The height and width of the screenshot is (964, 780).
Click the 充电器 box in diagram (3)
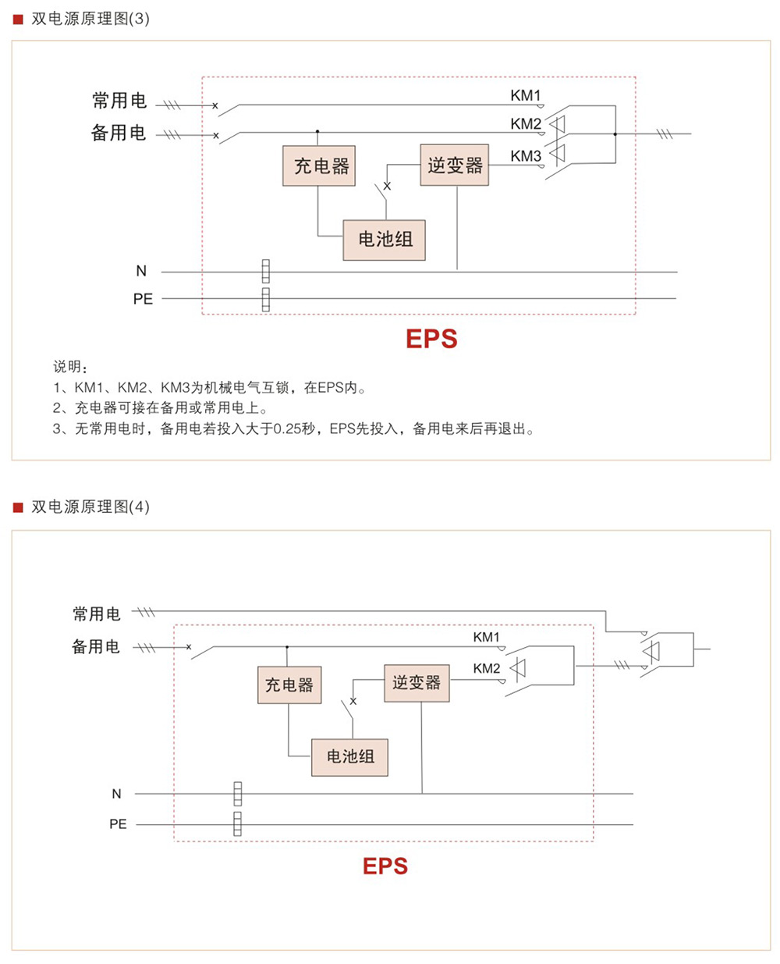tap(319, 165)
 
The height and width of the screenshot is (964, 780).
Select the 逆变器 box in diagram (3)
tap(454, 165)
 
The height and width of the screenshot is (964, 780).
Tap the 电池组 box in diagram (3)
tap(384, 240)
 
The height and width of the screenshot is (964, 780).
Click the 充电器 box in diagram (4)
tap(289, 685)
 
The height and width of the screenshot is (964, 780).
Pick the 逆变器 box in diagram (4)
tap(417, 683)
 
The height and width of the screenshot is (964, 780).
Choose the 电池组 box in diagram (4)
tap(349, 756)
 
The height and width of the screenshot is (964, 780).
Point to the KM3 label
tap(526, 156)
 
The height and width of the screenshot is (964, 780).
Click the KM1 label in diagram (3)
tap(526, 95)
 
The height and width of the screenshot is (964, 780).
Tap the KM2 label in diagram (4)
tap(487, 668)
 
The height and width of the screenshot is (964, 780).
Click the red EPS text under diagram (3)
tap(431, 339)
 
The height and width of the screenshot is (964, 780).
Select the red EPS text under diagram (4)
tap(385, 866)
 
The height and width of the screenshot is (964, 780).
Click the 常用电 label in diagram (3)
tap(119, 101)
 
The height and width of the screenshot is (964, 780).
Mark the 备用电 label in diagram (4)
tap(96, 646)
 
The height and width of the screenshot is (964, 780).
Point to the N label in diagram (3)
tap(141, 271)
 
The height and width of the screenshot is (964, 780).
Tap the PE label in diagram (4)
tap(118, 823)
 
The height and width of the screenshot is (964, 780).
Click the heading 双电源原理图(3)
tap(90, 19)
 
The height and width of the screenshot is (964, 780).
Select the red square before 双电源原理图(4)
tap(18, 507)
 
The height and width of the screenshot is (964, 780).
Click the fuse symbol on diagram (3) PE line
tap(265, 299)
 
